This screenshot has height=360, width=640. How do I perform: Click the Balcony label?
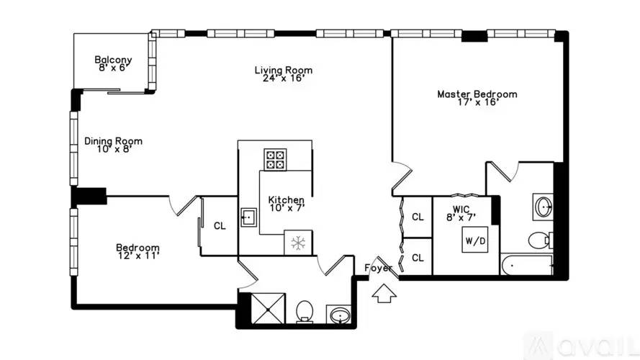click(x=113, y=60)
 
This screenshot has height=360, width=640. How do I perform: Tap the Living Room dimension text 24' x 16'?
click(x=284, y=78)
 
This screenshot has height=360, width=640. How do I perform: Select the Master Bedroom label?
click(x=477, y=94)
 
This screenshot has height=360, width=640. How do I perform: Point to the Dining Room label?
click(x=113, y=141)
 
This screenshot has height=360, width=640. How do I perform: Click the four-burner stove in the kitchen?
click(x=275, y=160)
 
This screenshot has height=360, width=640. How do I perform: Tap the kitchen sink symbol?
click(x=248, y=217)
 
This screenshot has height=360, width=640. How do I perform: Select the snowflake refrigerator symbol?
click(x=298, y=243)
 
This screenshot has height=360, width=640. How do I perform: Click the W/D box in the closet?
click(x=475, y=240)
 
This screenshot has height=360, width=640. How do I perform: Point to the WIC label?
click(x=461, y=210)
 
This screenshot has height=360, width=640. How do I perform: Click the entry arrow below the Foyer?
click(x=384, y=293)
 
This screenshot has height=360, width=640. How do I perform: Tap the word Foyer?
click(x=379, y=268)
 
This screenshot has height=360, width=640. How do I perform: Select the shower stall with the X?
click(x=268, y=309)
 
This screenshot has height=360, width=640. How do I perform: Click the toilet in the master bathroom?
click(x=541, y=240)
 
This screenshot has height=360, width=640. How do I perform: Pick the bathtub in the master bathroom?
click(x=527, y=265)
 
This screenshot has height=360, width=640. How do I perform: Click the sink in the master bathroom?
click(x=544, y=207)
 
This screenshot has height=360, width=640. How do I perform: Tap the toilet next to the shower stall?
click(x=304, y=312)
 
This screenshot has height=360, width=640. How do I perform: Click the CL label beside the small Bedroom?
click(x=220, y=225)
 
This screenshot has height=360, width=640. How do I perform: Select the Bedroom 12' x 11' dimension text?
click(x=138, y=256)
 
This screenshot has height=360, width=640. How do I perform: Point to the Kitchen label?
click(x=286, y=200)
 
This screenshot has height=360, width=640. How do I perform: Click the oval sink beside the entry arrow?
click(x=339, y=315)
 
